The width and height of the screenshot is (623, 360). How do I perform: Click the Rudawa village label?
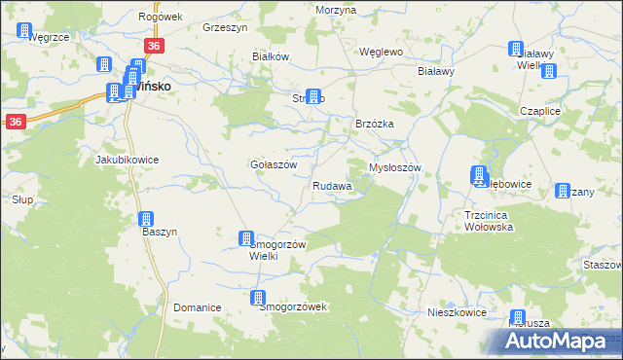coord(331,186)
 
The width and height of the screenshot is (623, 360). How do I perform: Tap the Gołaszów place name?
coord(273,164)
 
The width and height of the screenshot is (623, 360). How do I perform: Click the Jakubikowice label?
coord(126,159)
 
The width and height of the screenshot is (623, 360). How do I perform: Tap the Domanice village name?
coord(198,307)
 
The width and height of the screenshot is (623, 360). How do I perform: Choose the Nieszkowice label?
coord(457,313)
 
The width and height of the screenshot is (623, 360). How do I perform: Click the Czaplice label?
coord(568,111)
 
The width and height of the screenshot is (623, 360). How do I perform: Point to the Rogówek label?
coord(162,17)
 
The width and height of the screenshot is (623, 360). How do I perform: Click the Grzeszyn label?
coord(222,28)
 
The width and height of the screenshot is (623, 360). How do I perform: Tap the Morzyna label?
coord(336,9)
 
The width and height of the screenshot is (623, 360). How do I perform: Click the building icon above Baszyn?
coord(147,220)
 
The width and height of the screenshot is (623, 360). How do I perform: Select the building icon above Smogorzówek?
coord(259,298)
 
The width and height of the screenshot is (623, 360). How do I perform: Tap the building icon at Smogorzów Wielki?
coord(246,238)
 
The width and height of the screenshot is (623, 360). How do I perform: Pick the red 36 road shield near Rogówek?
coord(154,47)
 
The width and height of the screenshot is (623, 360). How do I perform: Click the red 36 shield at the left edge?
coord(15,122)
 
